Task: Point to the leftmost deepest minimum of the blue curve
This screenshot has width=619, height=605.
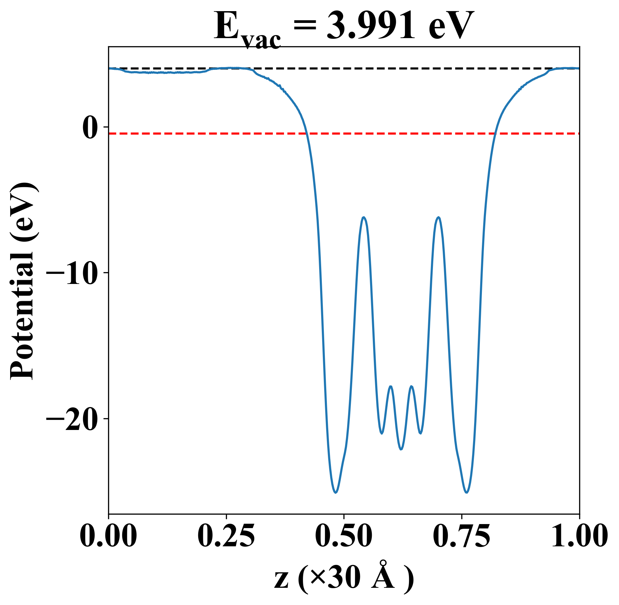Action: pos(335,493)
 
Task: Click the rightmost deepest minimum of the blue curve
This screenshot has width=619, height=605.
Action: pos(466,493)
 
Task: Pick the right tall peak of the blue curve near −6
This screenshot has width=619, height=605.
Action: pos(438,217)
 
